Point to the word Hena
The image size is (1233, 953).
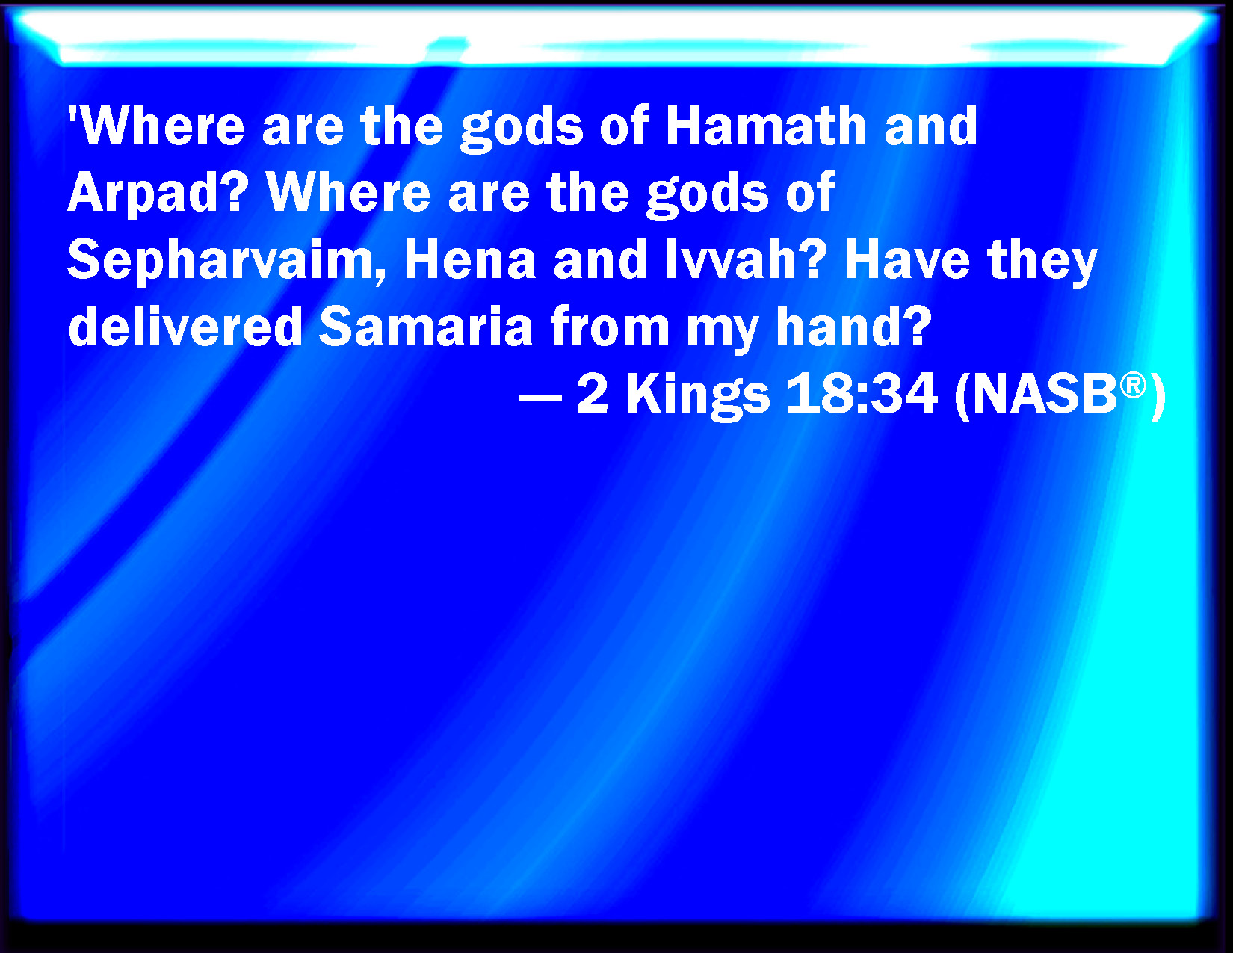click(x=470, y=260)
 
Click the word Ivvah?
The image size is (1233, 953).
click(x=745, y=260)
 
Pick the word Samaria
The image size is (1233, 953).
click(x=425, y=327)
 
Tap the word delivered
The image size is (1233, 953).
click(x=185, y=327)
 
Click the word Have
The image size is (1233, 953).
click(x=907, y=260)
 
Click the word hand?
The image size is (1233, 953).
click(x=853, y=327)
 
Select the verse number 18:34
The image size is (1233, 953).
click(x=862, y=395)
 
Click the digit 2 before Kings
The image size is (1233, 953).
click(x=593, y=395)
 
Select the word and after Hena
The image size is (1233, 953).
click(x=600, y=260)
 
